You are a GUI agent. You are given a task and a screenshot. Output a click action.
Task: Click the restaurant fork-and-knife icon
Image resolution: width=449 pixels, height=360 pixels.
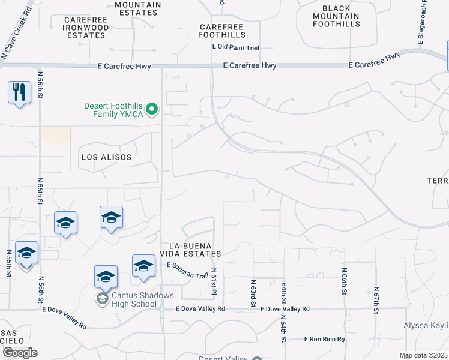[x=19, y=92]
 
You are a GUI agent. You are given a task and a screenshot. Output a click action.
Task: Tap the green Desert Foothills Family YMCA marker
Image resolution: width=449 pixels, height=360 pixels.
[x=152, y=109]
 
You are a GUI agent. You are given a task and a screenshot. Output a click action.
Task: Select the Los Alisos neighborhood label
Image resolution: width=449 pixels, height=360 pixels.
[x=106, y=157]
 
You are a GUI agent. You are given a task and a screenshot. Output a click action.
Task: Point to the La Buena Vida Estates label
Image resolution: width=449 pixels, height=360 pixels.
[x=195, y=250]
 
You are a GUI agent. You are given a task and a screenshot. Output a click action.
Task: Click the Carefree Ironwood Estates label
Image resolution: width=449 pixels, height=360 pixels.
[x=86, y=28]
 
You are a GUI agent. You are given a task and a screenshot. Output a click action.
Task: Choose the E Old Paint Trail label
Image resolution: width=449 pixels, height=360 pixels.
[x=235, y=47]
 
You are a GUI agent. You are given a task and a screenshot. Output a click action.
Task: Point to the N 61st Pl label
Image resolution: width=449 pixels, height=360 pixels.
[x=213, y=281]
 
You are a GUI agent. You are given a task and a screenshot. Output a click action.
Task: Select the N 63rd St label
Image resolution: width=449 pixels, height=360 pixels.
[x=253, y=291]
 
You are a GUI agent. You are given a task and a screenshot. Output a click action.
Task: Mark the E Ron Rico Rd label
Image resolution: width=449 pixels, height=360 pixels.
[x=325, y=340]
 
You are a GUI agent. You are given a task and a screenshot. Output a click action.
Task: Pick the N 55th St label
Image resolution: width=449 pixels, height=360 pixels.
[x=8, y=264]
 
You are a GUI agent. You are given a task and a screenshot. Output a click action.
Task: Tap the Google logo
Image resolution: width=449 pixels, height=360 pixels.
[x=20, y=353]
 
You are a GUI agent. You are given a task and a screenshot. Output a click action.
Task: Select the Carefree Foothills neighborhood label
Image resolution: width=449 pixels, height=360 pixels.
[x=231, y=31]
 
